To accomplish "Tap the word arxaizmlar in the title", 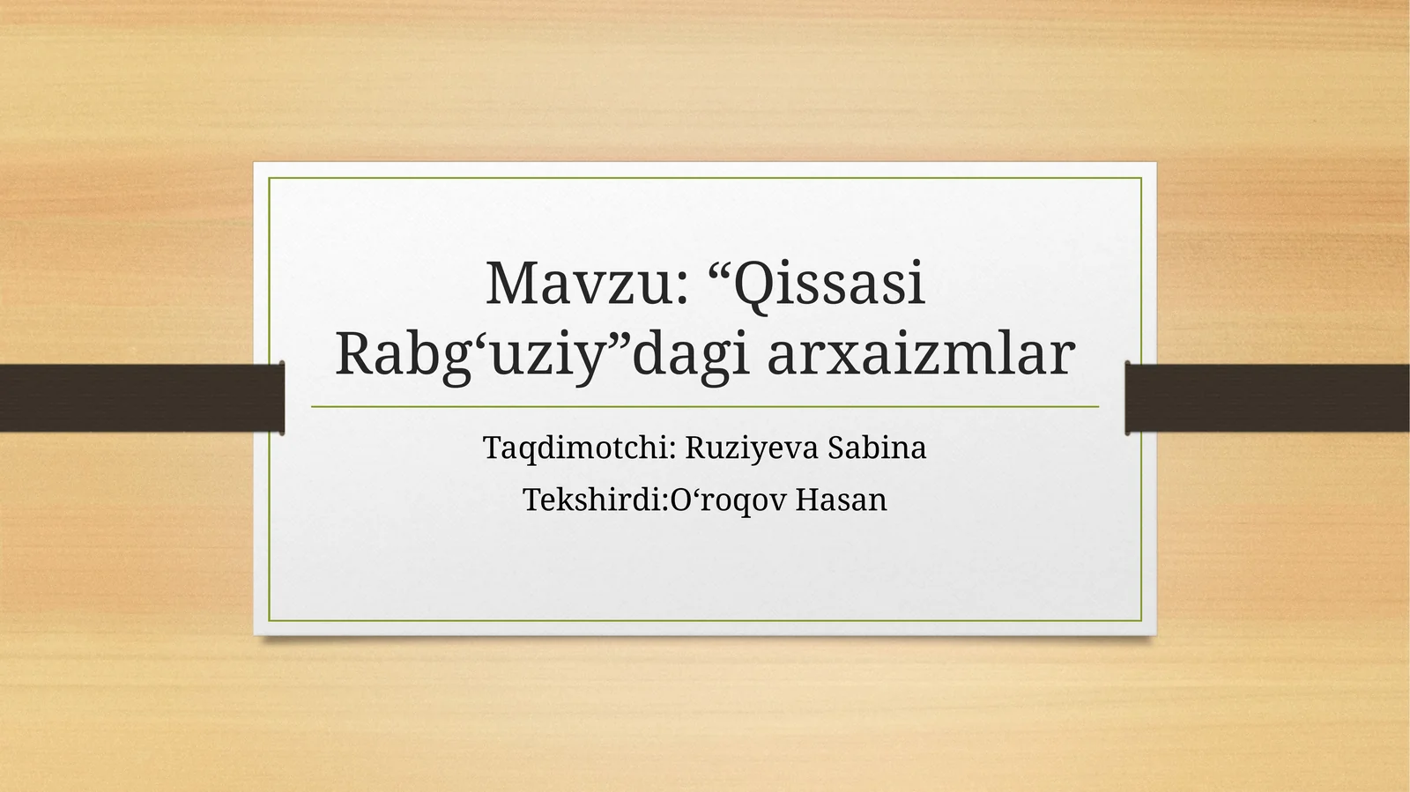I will point(920,355).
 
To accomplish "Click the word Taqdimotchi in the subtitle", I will point(576,448).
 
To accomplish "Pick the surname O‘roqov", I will point(729,500).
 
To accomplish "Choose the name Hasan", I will point(842,500).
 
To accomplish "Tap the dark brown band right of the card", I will point(1269,397).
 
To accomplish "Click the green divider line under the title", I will point(705,407).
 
